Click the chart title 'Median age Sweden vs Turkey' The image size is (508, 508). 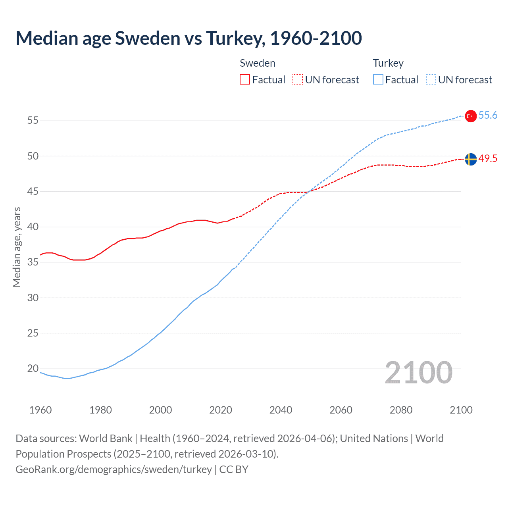[x=189, y=38]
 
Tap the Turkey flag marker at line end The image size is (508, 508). [x=470, y=116]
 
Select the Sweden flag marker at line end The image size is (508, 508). [x=470, y=159]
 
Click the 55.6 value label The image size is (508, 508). [x=488, y=115]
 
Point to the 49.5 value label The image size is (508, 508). [x=488, y=158]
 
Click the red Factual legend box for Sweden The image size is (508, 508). [x=245, y=79]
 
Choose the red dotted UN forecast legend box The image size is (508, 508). [x=298, y=79]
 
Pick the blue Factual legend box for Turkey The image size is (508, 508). [x=378, y=79]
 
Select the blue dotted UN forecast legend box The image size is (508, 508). [x=431, y=79]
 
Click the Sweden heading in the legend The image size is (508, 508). [x=257, y=63]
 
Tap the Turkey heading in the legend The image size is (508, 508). [x=388, y=63]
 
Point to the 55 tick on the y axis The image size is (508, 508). [x=33, y=120]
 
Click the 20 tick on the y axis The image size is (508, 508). [x=33, y=368]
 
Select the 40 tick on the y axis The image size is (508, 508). [x=33, y=227]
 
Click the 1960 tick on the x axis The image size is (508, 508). [x=40, y=410]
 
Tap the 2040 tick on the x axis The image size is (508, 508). [x=281, y=410]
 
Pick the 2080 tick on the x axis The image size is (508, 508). [x=401, y=410]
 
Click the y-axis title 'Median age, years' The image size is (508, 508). [x=17, y=247]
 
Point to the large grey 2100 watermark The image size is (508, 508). [x=418, y=373]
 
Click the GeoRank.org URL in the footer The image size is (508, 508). [x=114, y=470]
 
